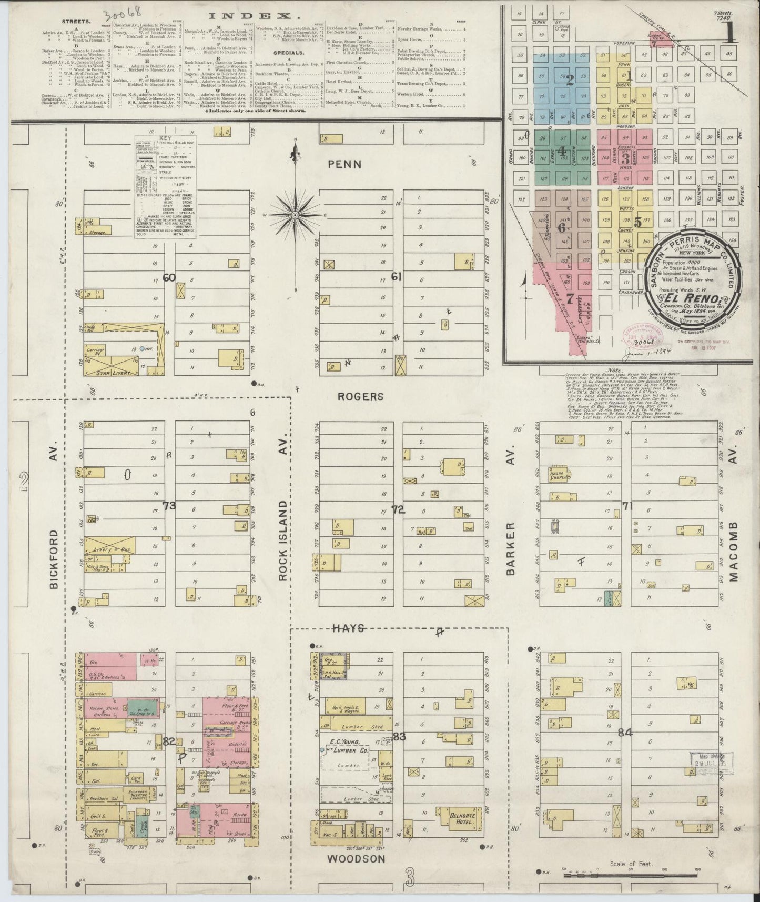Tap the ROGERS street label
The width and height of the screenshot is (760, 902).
point(361,396)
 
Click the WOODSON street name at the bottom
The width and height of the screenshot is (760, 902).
point(357,858)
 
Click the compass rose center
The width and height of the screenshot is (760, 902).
point(296,215)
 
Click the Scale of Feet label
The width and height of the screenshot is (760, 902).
point(629,864)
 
